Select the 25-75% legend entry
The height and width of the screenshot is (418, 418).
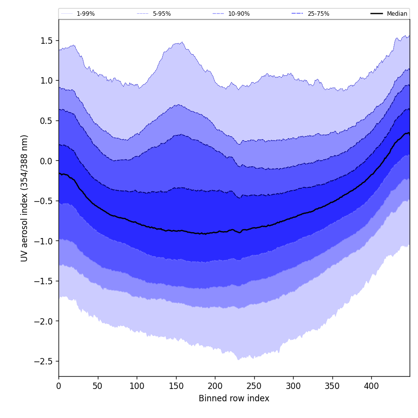pyautogui.click(x=318, y=14)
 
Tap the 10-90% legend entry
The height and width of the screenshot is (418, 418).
pyautogui.click(x=239, y=14)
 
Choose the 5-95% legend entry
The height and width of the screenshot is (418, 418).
pyautogui.click(x=161, y=14)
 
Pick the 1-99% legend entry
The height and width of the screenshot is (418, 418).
pyautogui.click(x=86, y=14)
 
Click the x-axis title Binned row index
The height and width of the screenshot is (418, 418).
pyautogui.click(x=234, y=398)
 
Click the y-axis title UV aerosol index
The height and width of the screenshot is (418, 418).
pyautogui.click(x=25, y=198)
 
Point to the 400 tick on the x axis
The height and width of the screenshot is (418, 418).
pyautogui.click(x=371, y=386)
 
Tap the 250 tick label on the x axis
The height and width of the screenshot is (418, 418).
pyautogui.click(x=254, y=386)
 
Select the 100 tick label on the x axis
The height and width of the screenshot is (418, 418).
pyautogui.click(x=137, y=386)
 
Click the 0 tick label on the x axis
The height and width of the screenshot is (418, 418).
pyautogui.click(x=59, y=386)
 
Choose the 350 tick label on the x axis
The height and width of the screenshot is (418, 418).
pyautogui.click(x=332, y=386)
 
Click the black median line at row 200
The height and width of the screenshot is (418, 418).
pyautogui.click(x=215, y=232)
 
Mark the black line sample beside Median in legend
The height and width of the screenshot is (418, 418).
pyautogui.click(x=377, y=14)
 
